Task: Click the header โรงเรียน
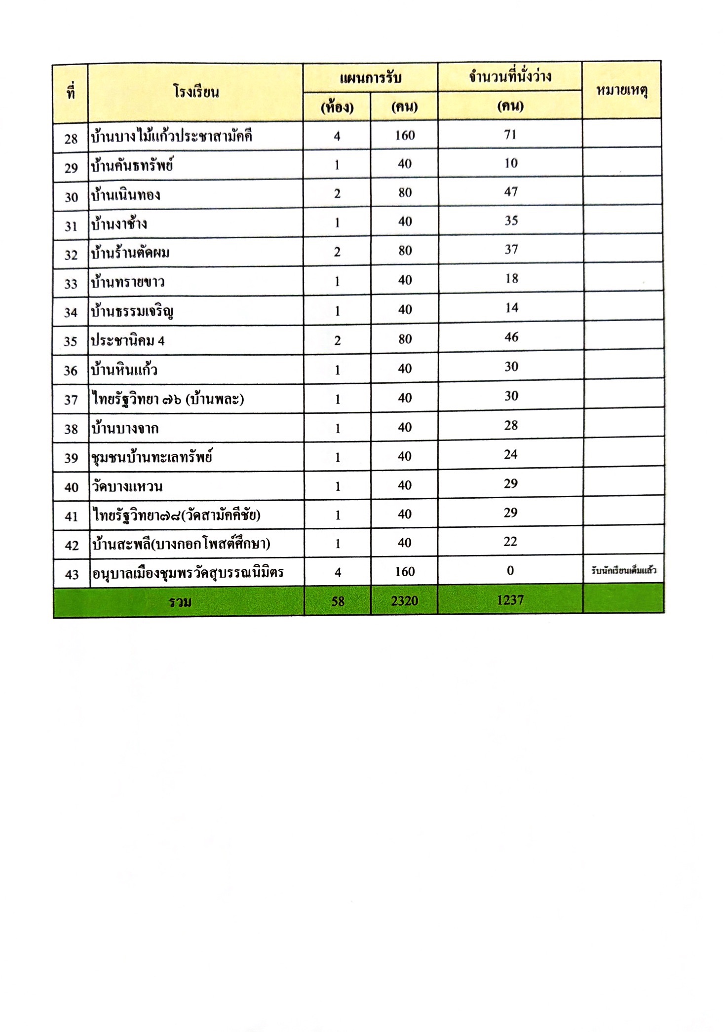[x=196, y=92]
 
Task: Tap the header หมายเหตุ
[x=621, y=91]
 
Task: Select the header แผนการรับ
[x=370, y=78]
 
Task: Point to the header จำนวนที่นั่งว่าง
[x=510, y=77]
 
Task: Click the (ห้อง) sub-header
[x=337, y=107]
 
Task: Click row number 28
[x=71, y=139]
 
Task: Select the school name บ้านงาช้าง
[x=119, y=224]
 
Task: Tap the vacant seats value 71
[x=510, y=135]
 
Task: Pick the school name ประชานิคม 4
[x=127, y=340]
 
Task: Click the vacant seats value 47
[x=511, y=192]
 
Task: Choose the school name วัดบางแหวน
[x=127, y=487]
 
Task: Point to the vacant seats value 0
[x=510, y=571]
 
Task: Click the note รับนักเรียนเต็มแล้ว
[x=623, y=571]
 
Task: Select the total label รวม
[x=180, y=601]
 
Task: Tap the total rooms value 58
[x=338, y=601]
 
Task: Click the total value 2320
[x=404, y=601]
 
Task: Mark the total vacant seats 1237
[x=510, y=600]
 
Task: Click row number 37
[x=71, y=400]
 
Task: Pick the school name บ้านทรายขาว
[x=127, y=282]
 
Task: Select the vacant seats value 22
[x=510, y=542]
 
